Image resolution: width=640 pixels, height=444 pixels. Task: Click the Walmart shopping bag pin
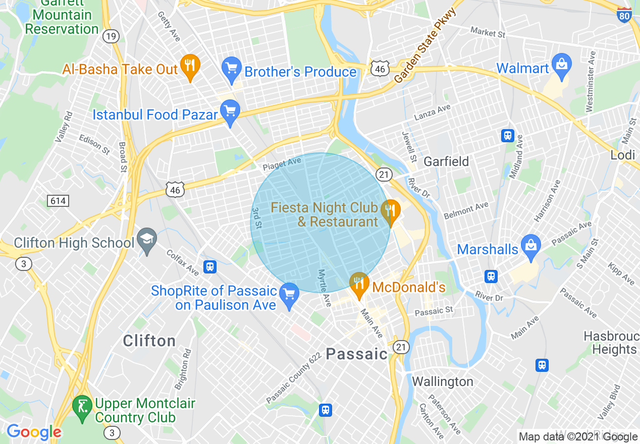(561, 65)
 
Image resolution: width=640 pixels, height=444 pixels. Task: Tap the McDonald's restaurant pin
(359, 284)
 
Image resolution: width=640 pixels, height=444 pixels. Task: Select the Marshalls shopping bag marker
(531, 247)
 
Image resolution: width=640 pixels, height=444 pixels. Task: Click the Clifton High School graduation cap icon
(147, 240)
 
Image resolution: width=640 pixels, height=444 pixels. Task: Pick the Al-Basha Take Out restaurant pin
(190, 66)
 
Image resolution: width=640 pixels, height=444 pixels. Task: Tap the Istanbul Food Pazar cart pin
(230, 113)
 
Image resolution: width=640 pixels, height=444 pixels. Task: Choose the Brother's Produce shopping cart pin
(232, 69)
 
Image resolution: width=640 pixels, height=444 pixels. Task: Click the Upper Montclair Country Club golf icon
(82, 405)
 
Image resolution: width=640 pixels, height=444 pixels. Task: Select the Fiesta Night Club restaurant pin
(390, 211)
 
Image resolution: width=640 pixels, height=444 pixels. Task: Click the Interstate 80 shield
(625, 15)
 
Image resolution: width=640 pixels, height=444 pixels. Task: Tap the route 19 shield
(111, 36)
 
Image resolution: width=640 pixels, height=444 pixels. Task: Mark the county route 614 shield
(58, 201)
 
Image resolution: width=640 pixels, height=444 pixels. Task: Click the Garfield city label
(446, 161)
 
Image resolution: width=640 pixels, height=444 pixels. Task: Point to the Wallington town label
(443, 381)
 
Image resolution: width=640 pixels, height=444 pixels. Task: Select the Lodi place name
(622, 155)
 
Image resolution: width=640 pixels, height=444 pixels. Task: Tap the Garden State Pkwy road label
(425, 46)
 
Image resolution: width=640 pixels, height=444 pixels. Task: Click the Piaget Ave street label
(282, 164)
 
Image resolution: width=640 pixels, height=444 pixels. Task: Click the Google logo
(34, 432)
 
